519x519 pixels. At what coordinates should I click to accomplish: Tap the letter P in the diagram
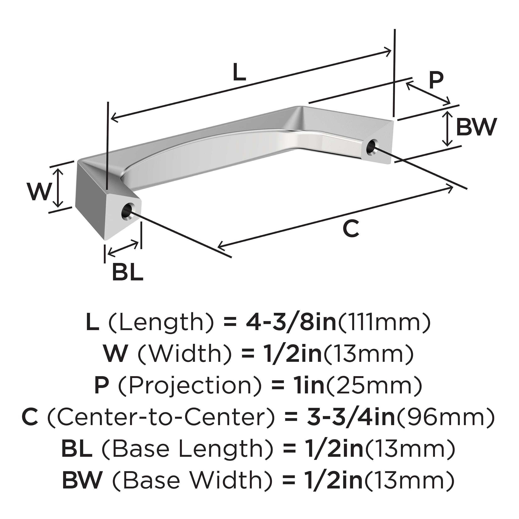tap(436, 80)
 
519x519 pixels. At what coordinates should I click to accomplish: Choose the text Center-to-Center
tap(161, 417)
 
